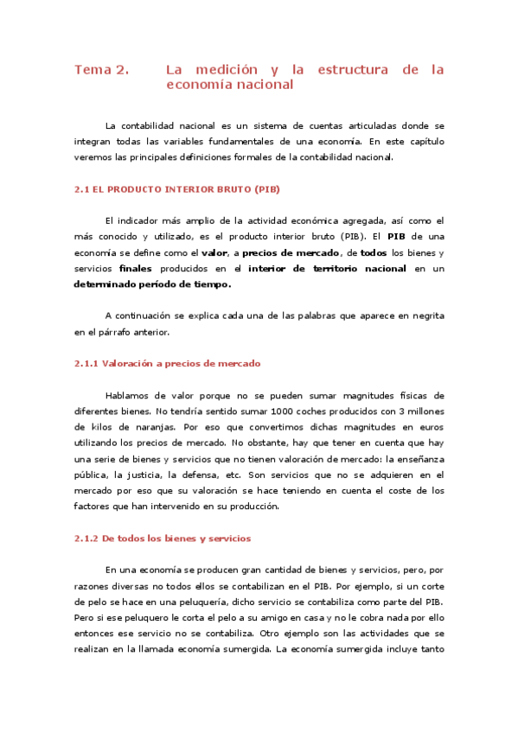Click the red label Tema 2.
pyautogui.click(x=101, y=69)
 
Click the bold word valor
pyautogui.click(x=214, y=252)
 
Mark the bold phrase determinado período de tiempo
pyautogui.click(x=152, y=284)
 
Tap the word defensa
pyautogui.click(x=208, y=475)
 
